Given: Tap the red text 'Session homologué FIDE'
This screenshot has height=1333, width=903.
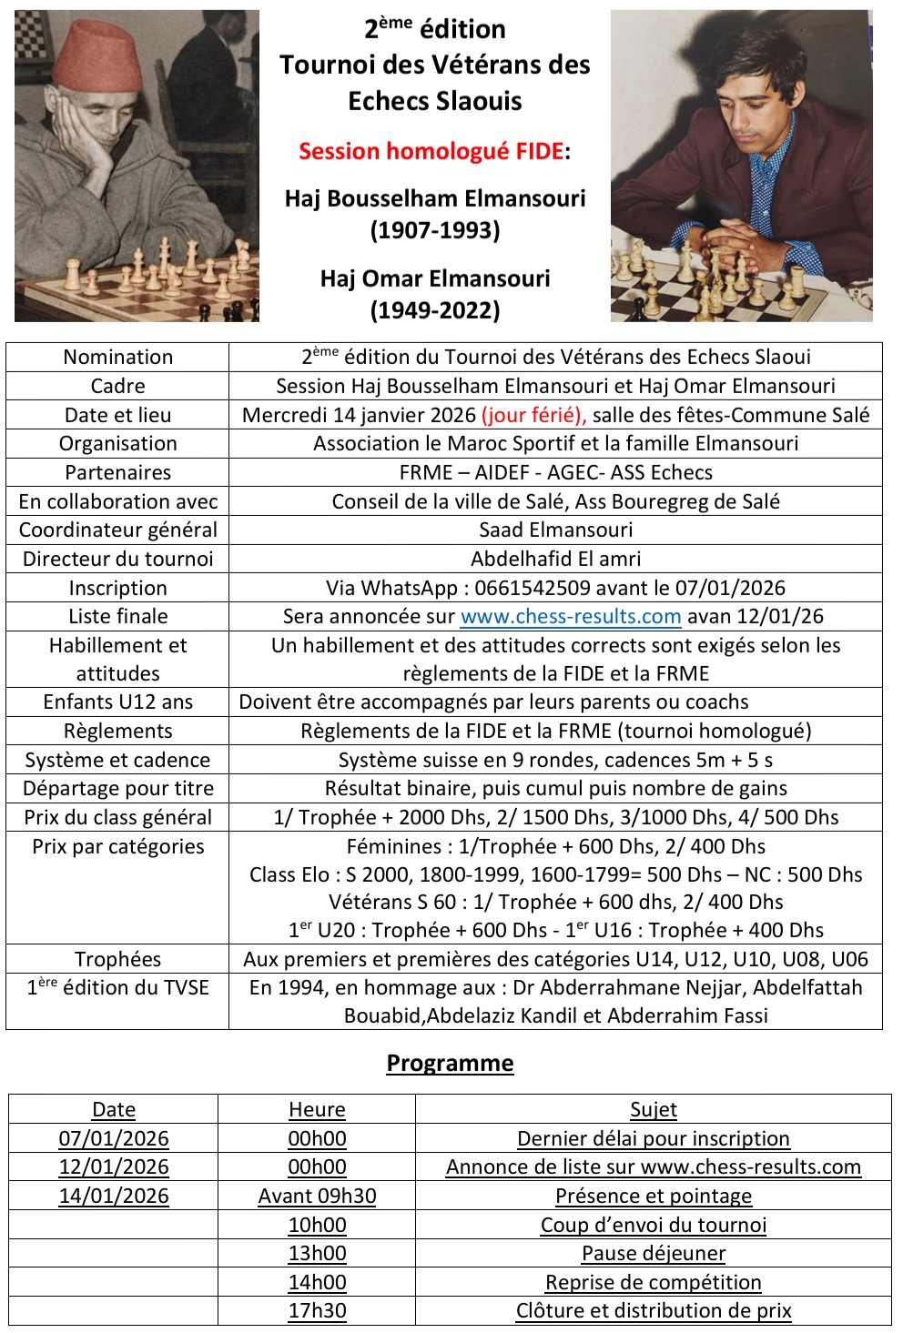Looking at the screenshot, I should [x=431, y=151].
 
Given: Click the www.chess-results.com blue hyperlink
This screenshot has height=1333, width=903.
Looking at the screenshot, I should [x=571, y=616].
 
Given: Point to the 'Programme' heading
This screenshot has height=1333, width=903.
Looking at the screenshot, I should [x=450, y=1063].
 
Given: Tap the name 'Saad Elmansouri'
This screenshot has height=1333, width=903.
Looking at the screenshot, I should [x=555, y=530].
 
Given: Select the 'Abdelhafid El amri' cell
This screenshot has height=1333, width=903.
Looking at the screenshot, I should [x=555, y=559].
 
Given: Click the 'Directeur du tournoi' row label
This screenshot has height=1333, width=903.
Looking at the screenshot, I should [x=117, y=559].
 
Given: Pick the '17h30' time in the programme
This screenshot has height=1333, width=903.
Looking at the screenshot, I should [x=317, y=1310].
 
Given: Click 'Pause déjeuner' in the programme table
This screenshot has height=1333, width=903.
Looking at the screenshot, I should [x=654, y=1253].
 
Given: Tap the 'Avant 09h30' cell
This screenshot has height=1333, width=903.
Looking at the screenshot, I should [x=317, y=1196].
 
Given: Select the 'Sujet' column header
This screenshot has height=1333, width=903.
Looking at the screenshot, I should [x=654, y=1109].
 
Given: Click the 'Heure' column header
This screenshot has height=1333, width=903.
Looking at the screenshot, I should [x=317, y=1109].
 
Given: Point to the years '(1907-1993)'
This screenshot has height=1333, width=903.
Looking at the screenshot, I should [x=435, y=230].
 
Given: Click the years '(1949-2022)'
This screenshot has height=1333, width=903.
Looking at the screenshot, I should [x=435, y=310].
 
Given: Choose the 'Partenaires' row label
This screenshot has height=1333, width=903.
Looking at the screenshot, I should [x=117, y=472].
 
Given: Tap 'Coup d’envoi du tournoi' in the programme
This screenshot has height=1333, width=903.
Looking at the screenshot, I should [x=654, y=1225].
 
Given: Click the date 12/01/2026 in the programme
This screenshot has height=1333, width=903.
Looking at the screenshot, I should [x=114, y=1166].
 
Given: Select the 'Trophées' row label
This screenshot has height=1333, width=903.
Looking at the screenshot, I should [x=117, y=959].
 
